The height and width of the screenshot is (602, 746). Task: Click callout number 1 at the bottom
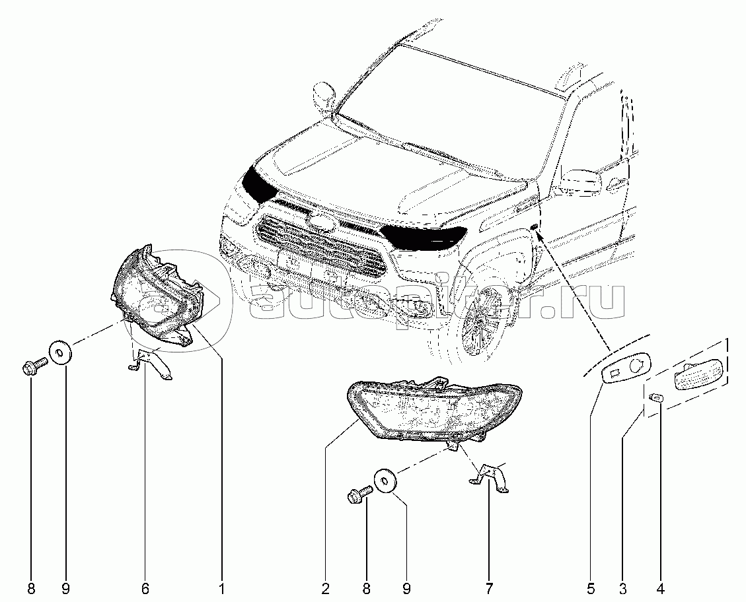221,589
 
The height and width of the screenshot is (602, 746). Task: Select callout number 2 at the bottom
325,589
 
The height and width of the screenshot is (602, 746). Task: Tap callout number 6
145,589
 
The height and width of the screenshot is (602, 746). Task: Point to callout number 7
489,589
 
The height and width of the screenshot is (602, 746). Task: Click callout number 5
591,589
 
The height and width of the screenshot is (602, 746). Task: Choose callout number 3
623,589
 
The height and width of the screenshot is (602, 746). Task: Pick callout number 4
660,589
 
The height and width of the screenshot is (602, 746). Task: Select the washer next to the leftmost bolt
59,352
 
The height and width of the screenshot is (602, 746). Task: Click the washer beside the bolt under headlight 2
385,481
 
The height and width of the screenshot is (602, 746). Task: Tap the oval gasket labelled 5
625,366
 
